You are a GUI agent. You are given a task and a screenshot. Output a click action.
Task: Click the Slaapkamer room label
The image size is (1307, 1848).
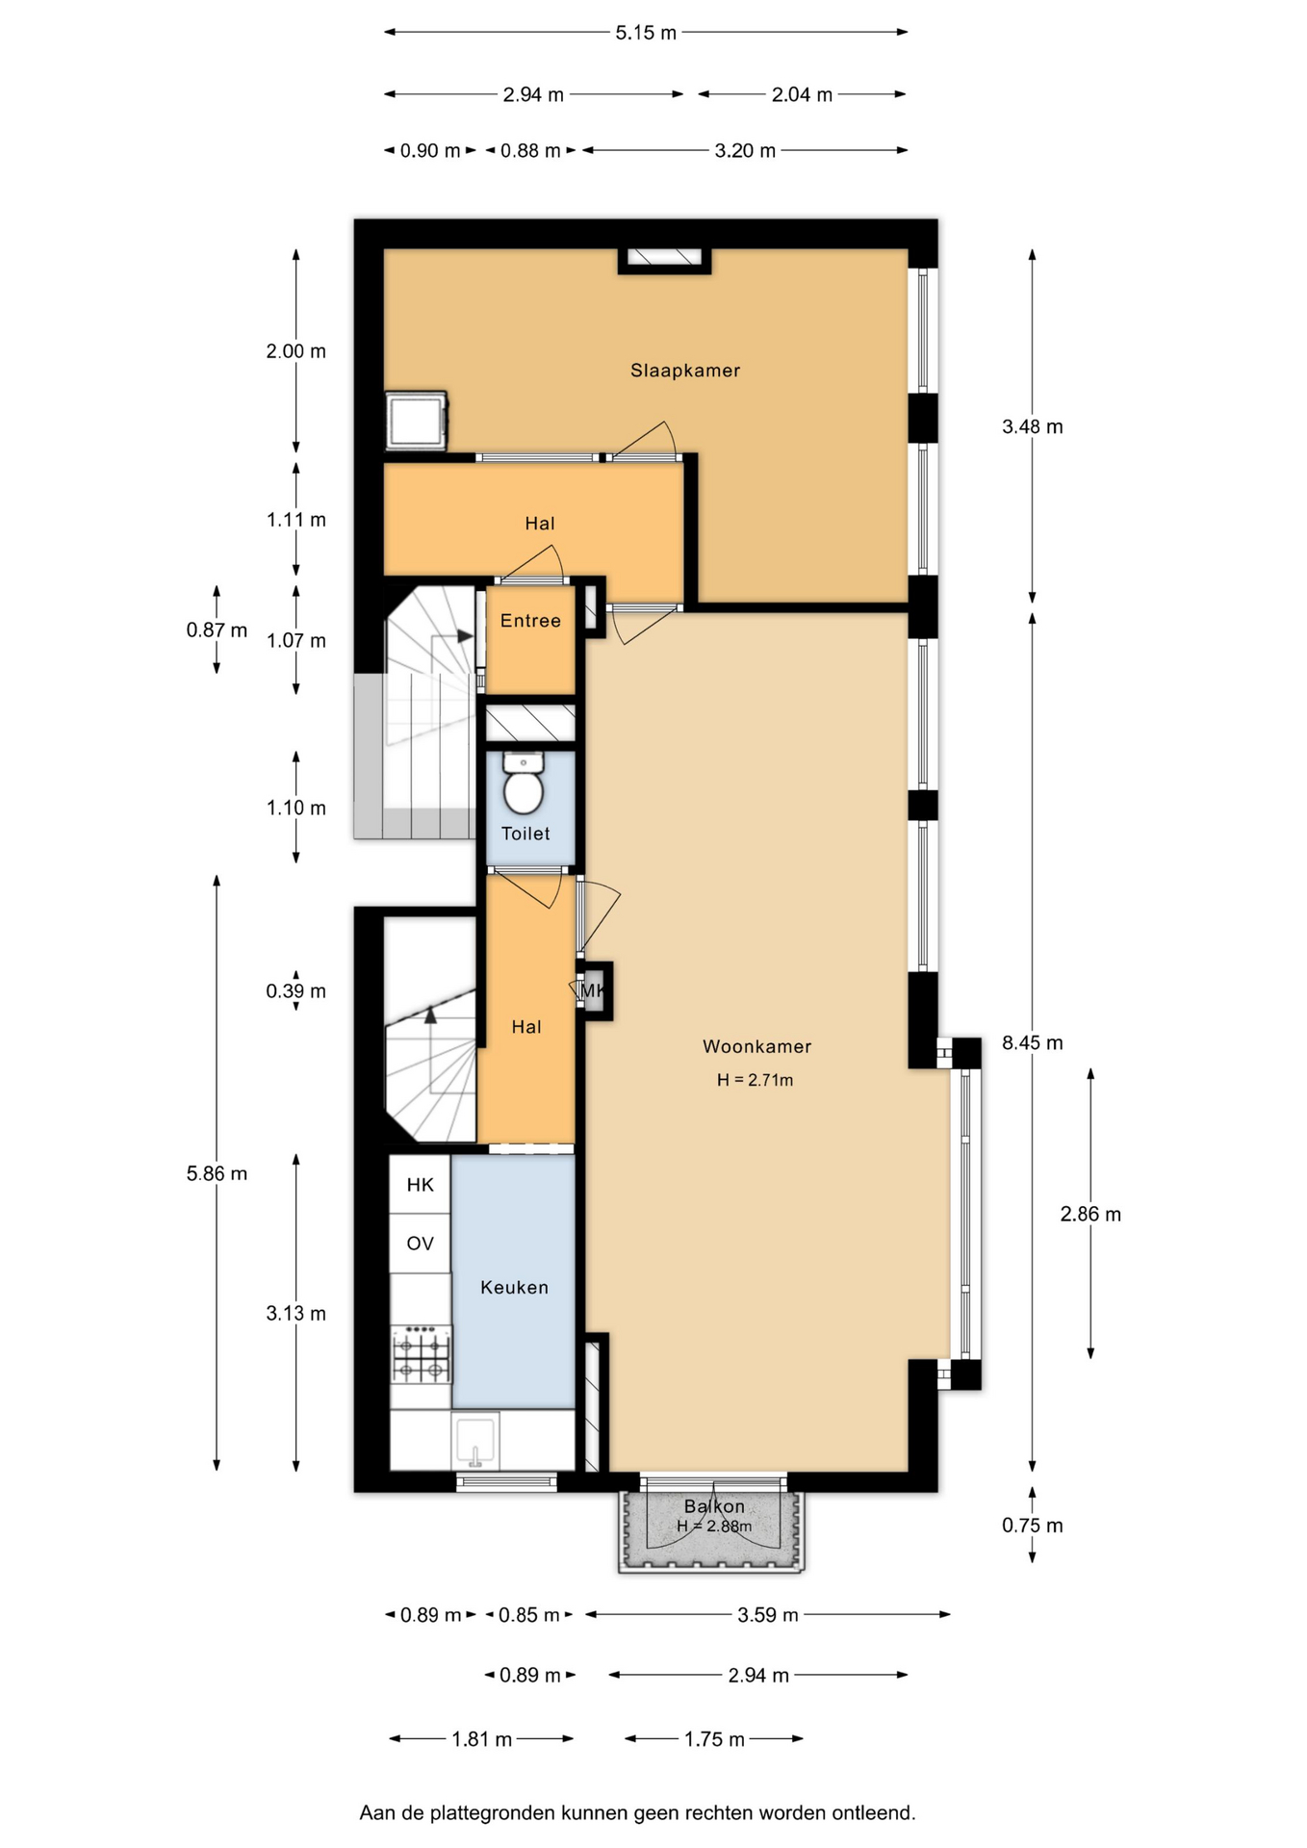pyautogui.click(x=685, y=371)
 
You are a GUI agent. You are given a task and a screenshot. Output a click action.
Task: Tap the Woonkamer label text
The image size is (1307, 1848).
pyautogui.click(x=756, y=1046)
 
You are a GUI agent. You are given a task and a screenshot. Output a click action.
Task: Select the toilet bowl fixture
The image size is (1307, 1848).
pyautogui.click(x=524, y=783)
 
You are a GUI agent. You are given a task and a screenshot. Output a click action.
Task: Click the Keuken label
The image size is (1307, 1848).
pyautogui.click(x=514, y=1287)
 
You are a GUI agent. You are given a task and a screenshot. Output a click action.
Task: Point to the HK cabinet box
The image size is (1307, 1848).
pyautogui.click(x=421, y=1185)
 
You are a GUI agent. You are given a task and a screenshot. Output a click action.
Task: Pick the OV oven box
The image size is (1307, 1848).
pyautogui.click(x=421, y=1244)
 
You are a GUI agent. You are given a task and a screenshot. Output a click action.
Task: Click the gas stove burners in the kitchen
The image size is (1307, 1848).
pyautogui.click(x=421, y=1354)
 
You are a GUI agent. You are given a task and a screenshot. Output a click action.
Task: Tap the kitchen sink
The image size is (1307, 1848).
pyautogui.click(x=474, y=1442)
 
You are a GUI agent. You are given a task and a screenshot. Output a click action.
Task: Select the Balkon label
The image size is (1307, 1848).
pyautogui.click(x=714, y=1506)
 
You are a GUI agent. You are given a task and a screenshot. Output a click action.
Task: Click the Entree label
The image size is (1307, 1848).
pyautogui.click(x=530, y=621)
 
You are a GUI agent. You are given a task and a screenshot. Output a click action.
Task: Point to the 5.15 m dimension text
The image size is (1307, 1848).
pyautogui.click(x=647, y=33)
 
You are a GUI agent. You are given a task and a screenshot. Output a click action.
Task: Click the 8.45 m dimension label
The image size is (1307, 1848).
pyautogui.click(x=1033, y=1042)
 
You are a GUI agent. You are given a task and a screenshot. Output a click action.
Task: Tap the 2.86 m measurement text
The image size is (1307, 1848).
pyautogui.click(x=1090, y=1215)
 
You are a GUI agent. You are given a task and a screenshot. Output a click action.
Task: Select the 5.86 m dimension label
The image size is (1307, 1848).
pyautogui.click(x=217, y=1173)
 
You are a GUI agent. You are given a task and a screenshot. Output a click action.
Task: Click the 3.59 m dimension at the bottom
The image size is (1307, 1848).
pyautogui.click(x=768, y=1615)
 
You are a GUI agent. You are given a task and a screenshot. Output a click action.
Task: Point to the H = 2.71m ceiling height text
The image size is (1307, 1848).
pyautogui.click(x=755, y=1080)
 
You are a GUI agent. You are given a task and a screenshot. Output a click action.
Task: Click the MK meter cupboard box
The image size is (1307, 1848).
pyautogui.click(x=593, y=990)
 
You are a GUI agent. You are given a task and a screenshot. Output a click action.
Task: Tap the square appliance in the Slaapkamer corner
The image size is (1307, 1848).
pyautogui.click(x=416, y=421)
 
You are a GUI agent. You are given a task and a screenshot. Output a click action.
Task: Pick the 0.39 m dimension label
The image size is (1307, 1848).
pyautogui.click(x=296, y=991)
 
